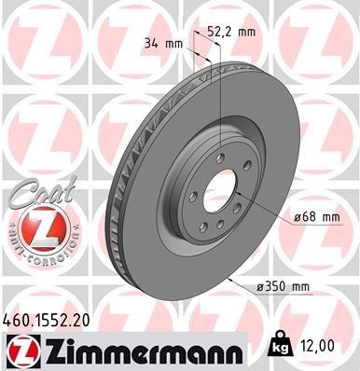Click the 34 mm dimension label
tap(163, 42)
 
